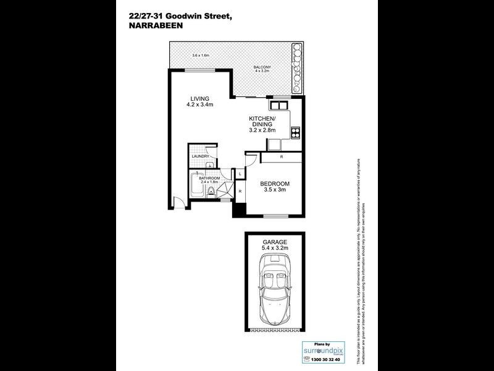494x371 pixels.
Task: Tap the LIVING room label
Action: click(199, 99)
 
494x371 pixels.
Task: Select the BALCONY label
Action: click(262, 67)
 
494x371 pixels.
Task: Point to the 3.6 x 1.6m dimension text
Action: click(201, 56)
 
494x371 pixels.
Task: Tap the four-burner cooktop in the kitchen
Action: click(295, 130)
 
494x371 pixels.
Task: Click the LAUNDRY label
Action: click(201, 156)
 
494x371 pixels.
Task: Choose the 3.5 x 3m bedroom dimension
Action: click(274, 191)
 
